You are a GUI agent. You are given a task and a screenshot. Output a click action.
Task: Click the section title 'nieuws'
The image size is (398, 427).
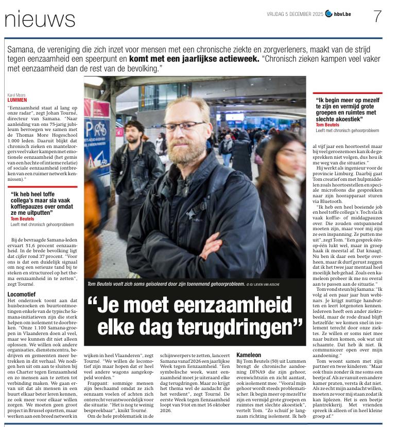tap(40, 20)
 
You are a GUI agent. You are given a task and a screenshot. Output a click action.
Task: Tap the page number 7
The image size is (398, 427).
tap(377, 16)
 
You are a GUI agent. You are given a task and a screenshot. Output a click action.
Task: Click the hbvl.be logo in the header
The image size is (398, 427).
tap(342, 13)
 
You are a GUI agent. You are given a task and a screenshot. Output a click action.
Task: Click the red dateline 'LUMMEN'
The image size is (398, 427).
tap(18, 100)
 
